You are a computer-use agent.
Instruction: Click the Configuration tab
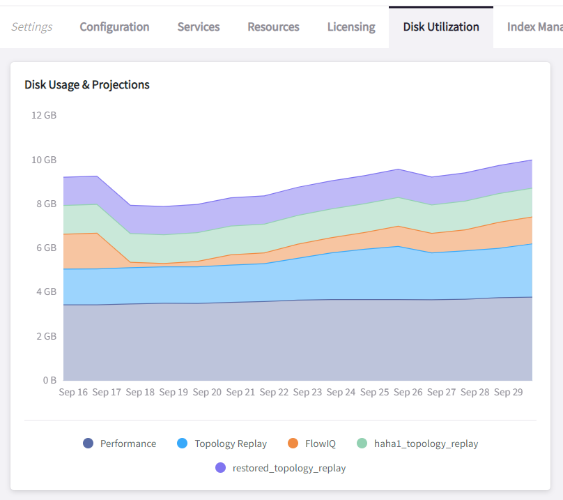pyautogui.click(x=114, y=27)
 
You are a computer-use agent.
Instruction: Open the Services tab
pyautogui.click(x=199, y=27)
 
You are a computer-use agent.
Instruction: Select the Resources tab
pyautogui.click(x=273, y=27)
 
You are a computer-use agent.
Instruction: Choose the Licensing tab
pyautogui.click(x=351, y=27)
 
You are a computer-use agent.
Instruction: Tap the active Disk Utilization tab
pyautogui.click(x=441, y=27)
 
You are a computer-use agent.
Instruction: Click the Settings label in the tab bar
pyautogui.click(x=32, y=27)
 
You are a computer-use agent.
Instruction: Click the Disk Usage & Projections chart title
pyautogui.click(x=87, y=85)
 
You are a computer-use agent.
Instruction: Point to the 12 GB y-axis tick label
pyautogui.click(x=44, y=116)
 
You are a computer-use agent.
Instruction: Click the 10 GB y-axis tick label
pyautogui.click(x=44, y=160)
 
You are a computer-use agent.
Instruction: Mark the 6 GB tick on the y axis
pyautogui.click(x=46, y=248)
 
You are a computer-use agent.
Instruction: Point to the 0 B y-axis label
pyautogui.click(x=49, y=381)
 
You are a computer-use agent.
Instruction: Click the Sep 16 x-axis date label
pyautogui.click(x=73, y=393)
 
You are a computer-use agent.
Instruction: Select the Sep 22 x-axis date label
pyautogui.click(x=274, y=393)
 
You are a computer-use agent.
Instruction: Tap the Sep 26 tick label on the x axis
pyautogui.click(x=408, y=393)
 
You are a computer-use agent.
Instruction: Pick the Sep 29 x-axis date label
pyautogui.click(x=508, y=393)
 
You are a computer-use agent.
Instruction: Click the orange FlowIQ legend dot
pyautogui.click(x=293, y=444)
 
